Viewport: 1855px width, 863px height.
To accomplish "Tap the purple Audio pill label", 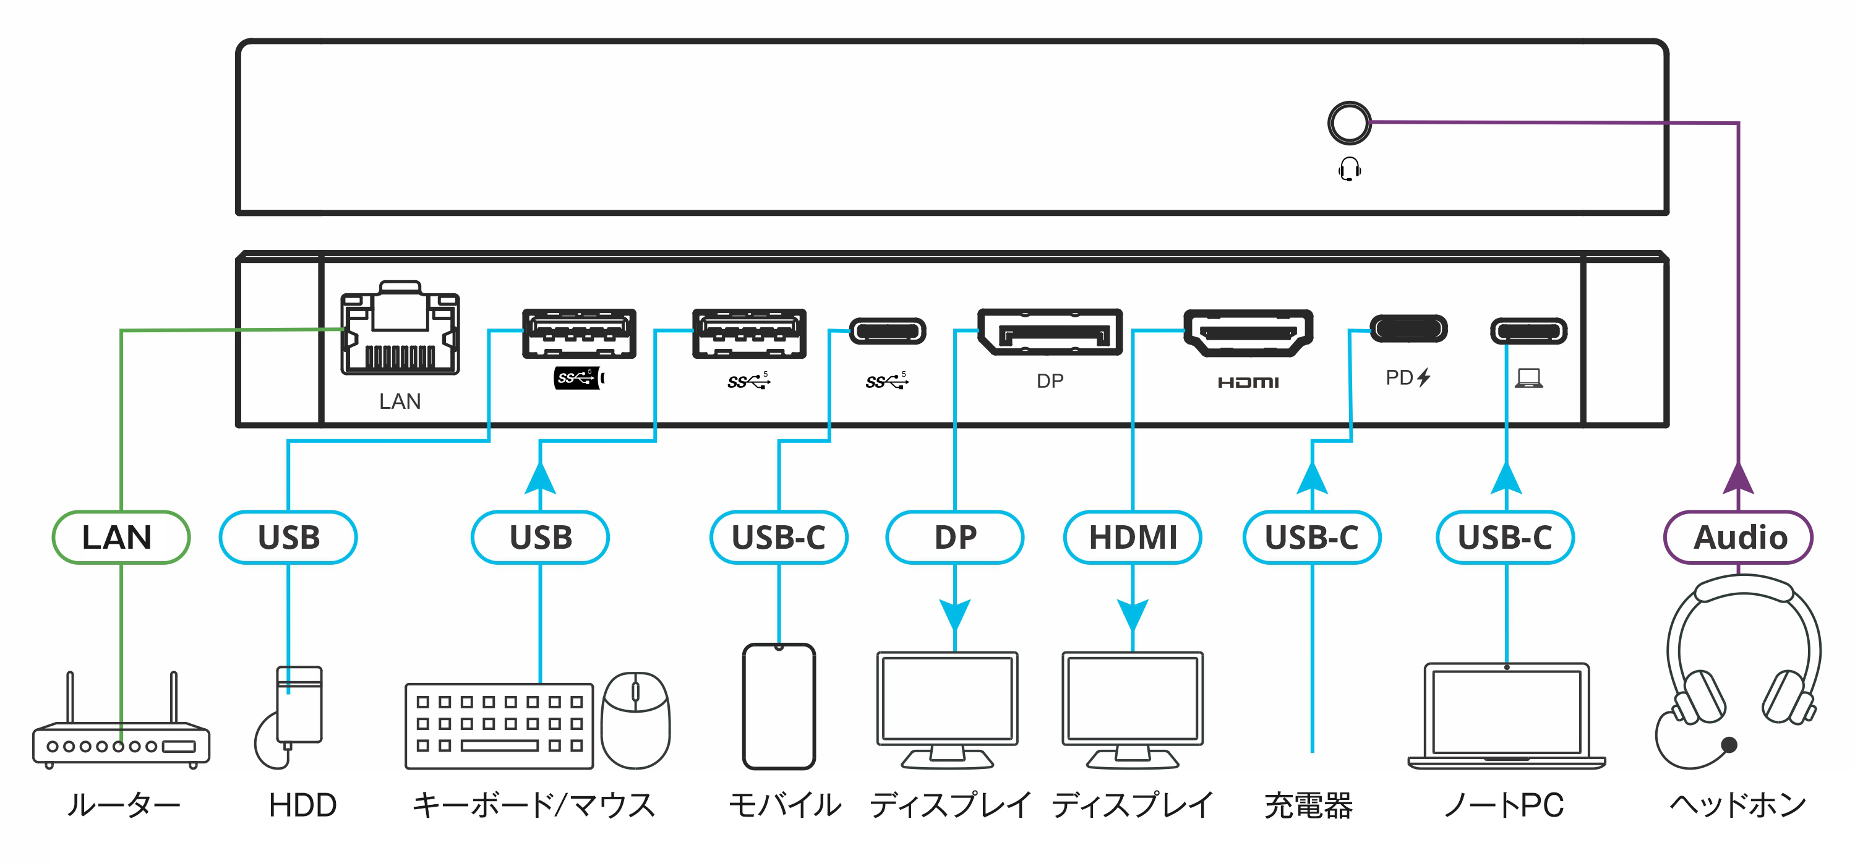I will (1737, 538).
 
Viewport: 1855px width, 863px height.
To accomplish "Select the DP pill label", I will (955, 538).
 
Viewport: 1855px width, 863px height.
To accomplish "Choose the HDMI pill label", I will (1133, 538).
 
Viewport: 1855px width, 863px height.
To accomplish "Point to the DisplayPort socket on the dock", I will (1050, 332).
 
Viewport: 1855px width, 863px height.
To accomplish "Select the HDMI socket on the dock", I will (1248, 332).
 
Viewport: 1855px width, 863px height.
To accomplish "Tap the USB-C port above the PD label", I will (1408, 329).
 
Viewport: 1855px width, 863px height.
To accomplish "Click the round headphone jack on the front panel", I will (1349, 122).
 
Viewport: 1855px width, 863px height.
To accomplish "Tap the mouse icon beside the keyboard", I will (635, 720).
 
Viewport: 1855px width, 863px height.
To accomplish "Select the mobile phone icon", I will (779, 706).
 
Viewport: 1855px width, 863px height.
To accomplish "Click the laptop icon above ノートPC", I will (1507, 717).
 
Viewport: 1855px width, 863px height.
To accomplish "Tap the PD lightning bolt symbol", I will (1424, 377).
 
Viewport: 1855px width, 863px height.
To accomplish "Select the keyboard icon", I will (499, 726).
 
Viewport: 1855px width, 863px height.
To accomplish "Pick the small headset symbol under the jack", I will (1350, 170).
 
